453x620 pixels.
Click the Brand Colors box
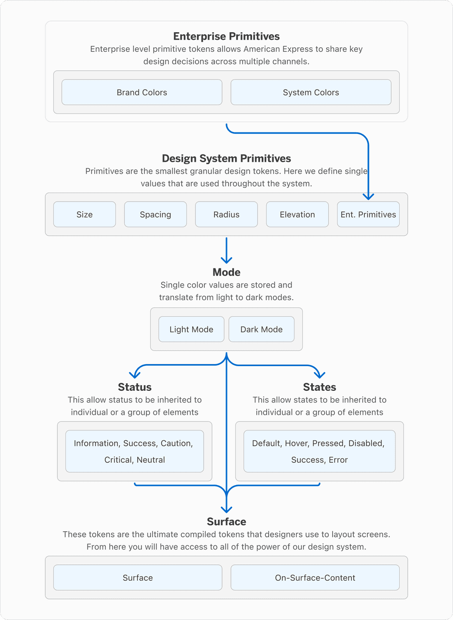141,92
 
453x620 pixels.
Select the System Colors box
311,92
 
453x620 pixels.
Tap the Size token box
85,215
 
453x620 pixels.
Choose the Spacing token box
156,215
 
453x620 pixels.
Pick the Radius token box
226,215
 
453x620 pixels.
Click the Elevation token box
297,215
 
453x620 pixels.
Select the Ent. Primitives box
368,215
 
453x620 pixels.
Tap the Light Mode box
191,329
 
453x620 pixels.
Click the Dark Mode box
261,329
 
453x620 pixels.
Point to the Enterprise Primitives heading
226,36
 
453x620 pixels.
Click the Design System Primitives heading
226,159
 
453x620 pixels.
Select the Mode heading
226,272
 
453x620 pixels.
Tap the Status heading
134,387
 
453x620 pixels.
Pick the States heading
320,387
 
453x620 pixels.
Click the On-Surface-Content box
315,578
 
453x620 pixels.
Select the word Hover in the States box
296,443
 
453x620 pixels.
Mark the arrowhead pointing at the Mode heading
226,259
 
